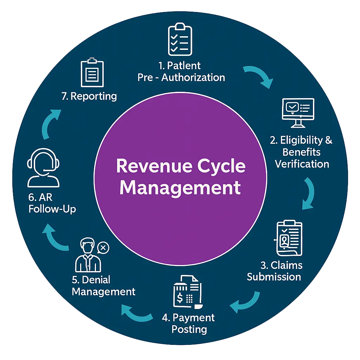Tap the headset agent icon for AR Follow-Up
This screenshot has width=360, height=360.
[43, 168]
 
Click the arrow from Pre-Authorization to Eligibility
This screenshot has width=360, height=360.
[259, 76]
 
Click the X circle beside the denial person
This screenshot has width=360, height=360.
[103, 247]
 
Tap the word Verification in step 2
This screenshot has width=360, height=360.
[302, 164]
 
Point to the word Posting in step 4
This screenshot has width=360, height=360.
[189, 329]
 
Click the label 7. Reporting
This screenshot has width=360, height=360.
[89, 96]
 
